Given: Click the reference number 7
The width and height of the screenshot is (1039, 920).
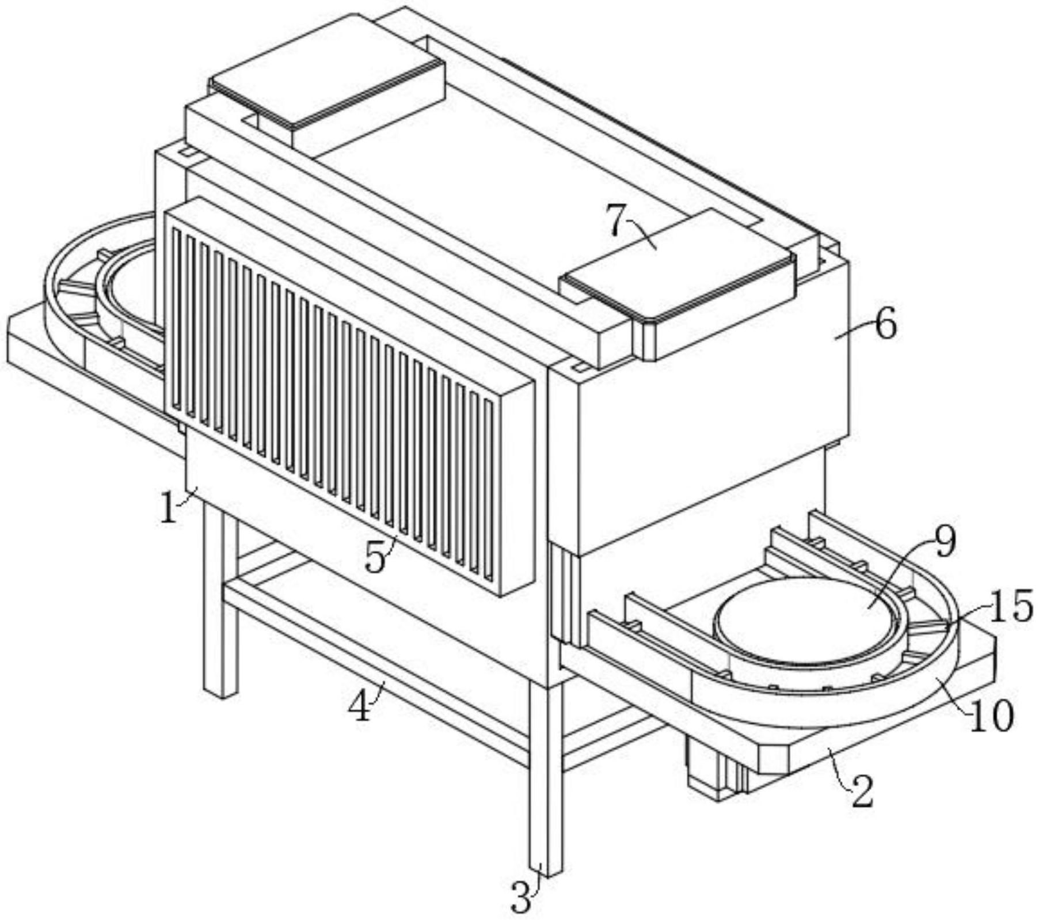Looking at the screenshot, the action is coord(616,221).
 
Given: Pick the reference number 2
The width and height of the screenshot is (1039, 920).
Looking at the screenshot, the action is coord(862,792).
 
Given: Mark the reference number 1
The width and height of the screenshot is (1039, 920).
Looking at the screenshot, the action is coord(168,508).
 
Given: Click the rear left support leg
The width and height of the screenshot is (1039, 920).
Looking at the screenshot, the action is coord(220,599).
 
